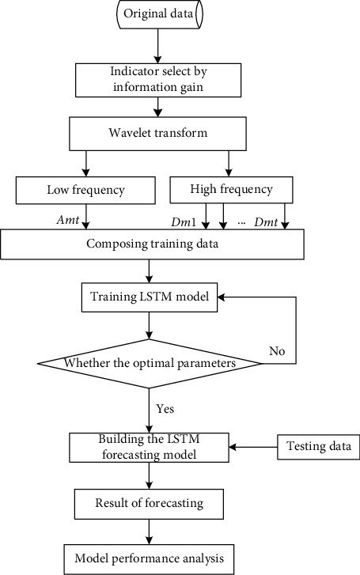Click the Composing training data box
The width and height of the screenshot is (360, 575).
pyautogui.click(x=152, y=244)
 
